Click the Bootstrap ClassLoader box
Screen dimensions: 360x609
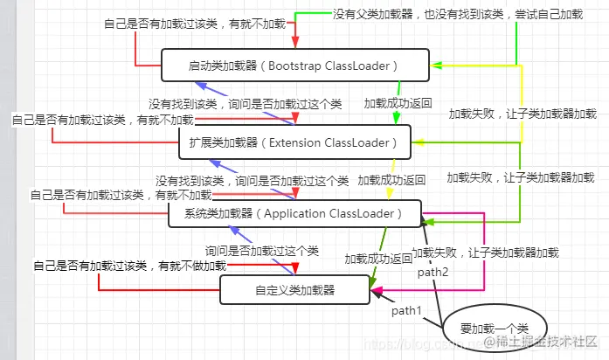[x=295, y=66]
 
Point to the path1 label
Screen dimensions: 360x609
[x=406, y=310]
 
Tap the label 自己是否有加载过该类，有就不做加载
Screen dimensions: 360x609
[x=129, y=265]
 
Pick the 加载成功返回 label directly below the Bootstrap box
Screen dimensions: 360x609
[x=398, y=103]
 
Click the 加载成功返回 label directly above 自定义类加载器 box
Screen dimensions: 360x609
[x=377, y=259]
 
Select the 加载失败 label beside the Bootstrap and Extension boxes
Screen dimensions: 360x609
[x=522, y=114]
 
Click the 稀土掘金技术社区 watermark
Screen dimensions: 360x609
[x=540, y=340]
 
